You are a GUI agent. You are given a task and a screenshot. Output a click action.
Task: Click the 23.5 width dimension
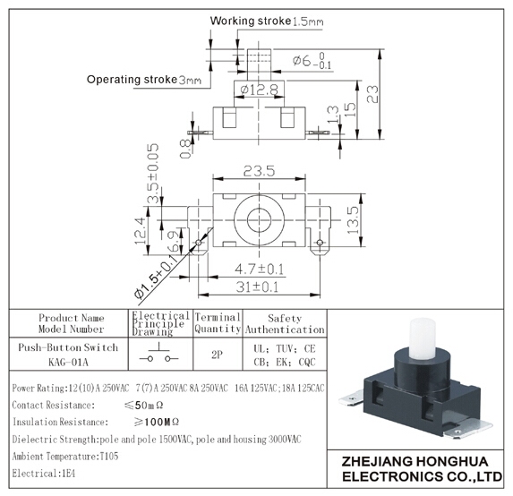[x=259, y=171]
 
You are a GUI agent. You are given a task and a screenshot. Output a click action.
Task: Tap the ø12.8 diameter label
[x=259, y=90]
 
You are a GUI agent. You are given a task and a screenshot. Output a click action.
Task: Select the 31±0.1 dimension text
[x=257, y=286]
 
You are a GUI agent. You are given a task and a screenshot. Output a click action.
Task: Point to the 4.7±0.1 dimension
[x=259, y=269]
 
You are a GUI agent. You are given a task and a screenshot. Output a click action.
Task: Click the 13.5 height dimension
[x=354, y=219]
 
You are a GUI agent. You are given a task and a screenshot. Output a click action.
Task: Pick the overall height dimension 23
[x=372, y=94]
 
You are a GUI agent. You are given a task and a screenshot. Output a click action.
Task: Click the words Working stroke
[x=251, y=21]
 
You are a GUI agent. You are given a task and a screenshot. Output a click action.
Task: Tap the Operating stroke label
[x=132, y=80]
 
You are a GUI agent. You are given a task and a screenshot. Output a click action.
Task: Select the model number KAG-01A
[x=68, y=363]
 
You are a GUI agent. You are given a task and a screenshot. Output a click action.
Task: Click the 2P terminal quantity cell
[x=218, y=355]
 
